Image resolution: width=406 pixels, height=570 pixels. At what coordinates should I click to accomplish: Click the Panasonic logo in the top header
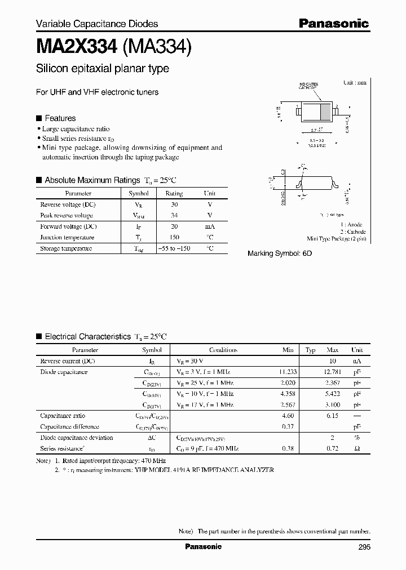click(333, 23)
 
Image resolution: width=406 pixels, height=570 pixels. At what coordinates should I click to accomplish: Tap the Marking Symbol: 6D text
click(280, 253)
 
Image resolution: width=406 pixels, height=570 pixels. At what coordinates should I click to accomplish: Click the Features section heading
click(60, 118)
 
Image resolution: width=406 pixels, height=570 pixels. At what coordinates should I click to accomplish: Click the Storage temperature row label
click(65, 248)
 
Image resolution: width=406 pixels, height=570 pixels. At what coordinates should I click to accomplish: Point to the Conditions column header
click(223, 350)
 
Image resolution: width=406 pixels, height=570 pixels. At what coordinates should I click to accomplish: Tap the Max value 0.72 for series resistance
click(332, 448)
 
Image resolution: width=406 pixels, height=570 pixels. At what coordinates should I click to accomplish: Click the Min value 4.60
click(289, 416)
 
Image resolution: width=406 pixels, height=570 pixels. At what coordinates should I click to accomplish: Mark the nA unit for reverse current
click(356, 360)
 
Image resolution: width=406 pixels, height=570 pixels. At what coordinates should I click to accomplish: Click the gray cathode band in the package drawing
click(325, 110)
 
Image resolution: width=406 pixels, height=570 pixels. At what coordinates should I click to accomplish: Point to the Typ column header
click(310, 350)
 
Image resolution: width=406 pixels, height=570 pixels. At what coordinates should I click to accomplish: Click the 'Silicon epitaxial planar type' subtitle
click(102, 69)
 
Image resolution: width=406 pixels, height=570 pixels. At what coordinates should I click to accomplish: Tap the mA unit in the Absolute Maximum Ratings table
click(209, 226)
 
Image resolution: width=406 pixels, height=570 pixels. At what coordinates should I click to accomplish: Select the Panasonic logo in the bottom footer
click(204, 546)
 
